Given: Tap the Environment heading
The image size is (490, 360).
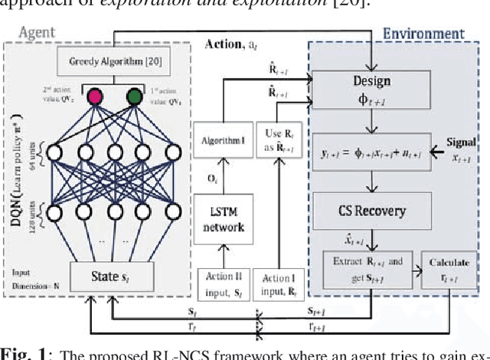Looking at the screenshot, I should point(423,34).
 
